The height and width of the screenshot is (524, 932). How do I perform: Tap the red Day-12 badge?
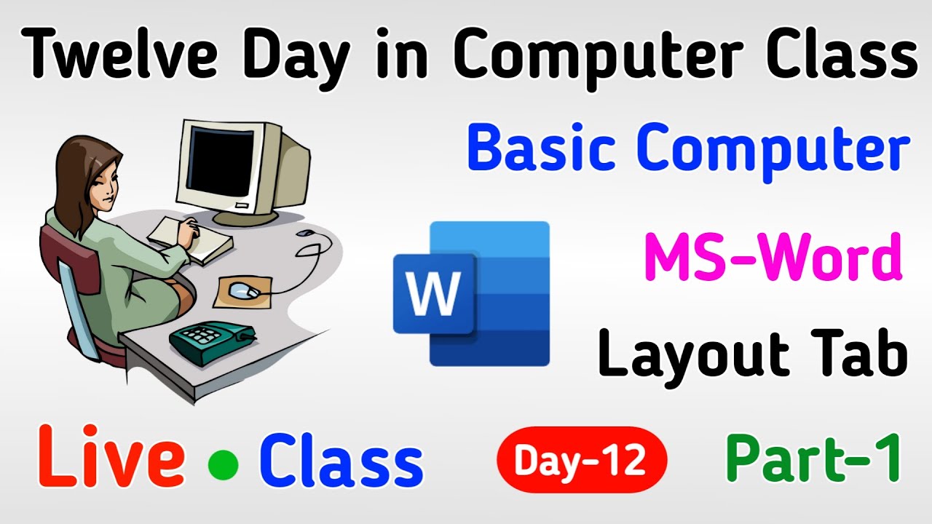coord(581,460)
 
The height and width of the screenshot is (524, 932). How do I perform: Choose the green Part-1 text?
coord(813,458)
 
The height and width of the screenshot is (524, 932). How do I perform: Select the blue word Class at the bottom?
coord(341,461)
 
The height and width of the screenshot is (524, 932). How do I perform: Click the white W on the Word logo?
coord(433,293)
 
